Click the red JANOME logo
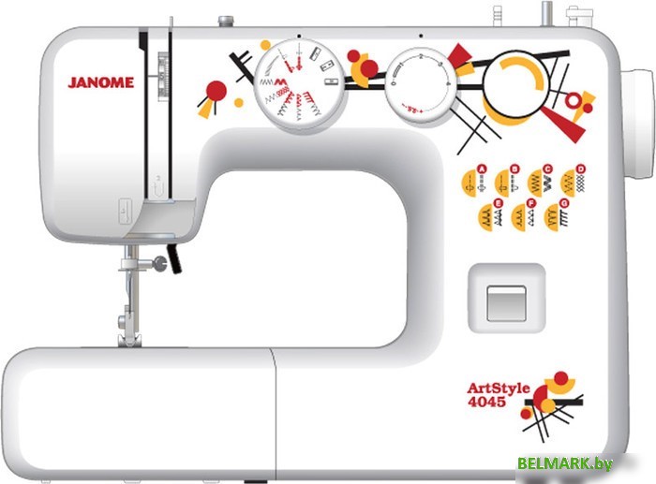coord(100,82)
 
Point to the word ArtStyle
coord(498,388)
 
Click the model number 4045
coord(486,403)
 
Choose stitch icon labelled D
coord(573,180)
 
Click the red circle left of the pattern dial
coord(216,90)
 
